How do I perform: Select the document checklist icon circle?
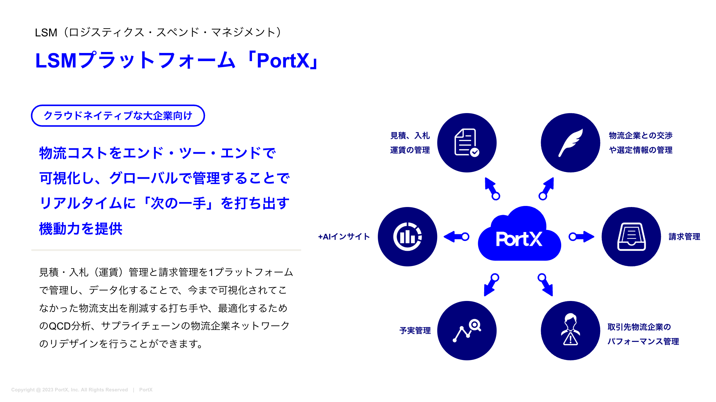(x=466, y=143)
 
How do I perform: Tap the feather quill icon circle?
(x=570, y=143)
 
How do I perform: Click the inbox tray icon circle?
(x=631, y=237)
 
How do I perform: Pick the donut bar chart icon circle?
(x=407, y=237)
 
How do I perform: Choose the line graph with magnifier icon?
(x=466, y=331)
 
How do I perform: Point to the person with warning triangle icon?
(x=570, y=331)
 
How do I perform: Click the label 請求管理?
(x=684, y=237)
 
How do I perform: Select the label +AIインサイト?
(x=344, y=237)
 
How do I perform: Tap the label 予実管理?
(x=415, y=331)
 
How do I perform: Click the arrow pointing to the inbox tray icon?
(x=581, y=237)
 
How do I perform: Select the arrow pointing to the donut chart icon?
(x=456, y=237)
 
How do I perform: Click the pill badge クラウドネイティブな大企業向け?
(x=118, y=116)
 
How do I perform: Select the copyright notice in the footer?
(x=70, y=390)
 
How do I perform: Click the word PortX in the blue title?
(x=283, y=61)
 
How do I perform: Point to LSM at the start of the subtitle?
(x=46, y=32)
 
